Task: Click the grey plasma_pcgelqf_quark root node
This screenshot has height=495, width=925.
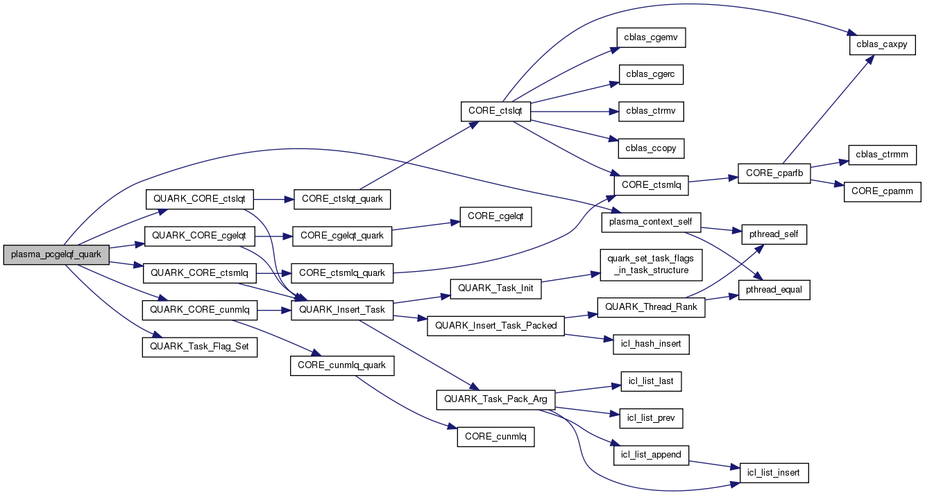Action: click(x=56, y=254)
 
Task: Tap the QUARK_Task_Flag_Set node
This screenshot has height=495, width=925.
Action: click(x=199, y=347)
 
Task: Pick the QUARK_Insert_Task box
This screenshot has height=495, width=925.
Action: click(x=342, y=309)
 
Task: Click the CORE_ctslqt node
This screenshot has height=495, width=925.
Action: click(x=495, y=111)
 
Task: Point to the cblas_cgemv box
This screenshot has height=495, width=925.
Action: click(x=651, y=37)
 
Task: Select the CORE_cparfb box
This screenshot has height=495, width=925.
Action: click(x=774, y=173)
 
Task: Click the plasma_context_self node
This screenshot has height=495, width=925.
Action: click(x=651, y=222)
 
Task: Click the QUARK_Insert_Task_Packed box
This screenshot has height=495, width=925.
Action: click(x=495, y=325)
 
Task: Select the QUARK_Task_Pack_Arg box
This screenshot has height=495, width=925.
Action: click(x=495, y=399)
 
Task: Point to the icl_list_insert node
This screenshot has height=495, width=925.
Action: click(x=774, y=473)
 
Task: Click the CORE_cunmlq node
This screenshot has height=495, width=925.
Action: click(x=495, y=437)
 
